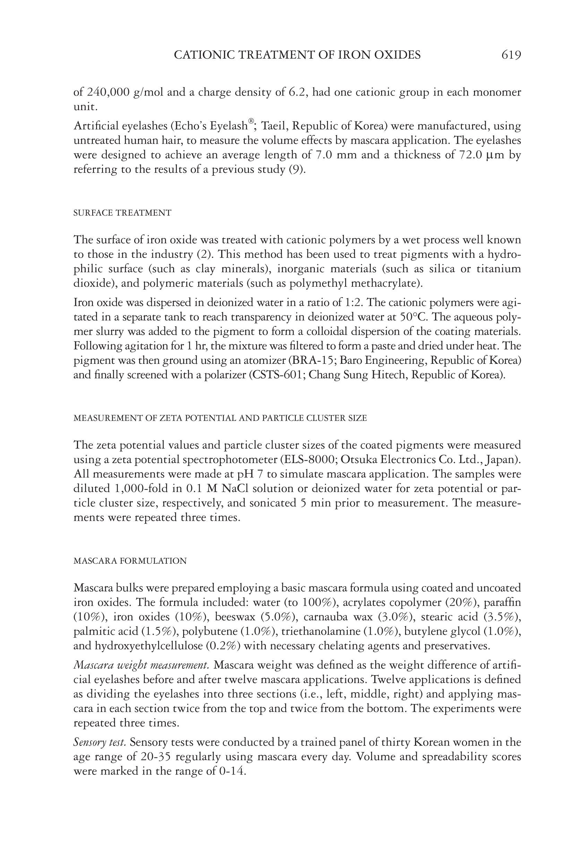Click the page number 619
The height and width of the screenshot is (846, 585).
coord(511,55)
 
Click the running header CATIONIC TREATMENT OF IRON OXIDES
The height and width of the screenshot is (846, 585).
coord(297,55)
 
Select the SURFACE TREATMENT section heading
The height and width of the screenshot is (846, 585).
coord(122,213)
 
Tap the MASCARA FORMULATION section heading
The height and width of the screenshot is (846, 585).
coord(130,561)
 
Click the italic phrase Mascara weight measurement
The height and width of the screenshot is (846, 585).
coord(141,665)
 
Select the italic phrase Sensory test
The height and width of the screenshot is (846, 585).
coord(100,742)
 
